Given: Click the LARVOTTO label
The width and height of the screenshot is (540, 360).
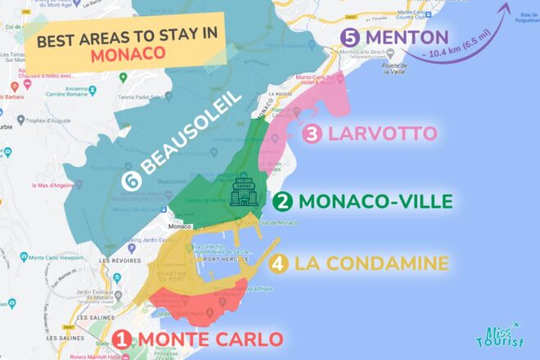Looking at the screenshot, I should click(x=380, y=133).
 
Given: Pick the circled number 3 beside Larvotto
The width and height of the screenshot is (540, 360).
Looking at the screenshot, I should click(x=312, y=133).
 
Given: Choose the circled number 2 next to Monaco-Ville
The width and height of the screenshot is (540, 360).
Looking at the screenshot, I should click(x=283, y=200).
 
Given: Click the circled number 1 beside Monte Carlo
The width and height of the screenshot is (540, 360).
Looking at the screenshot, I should click(x=121, y=339).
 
